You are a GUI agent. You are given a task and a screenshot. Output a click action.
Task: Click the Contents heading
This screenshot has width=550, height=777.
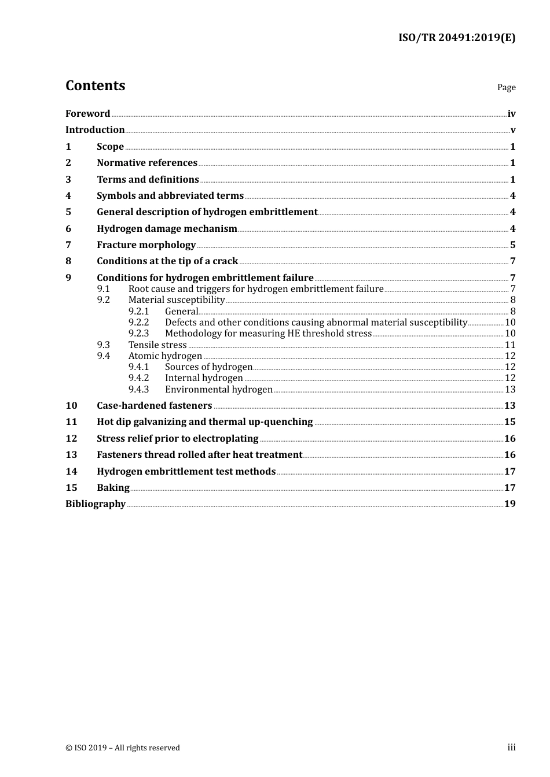(95, 86)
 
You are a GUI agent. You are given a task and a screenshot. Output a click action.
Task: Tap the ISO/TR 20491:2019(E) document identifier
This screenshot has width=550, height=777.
(457, 38)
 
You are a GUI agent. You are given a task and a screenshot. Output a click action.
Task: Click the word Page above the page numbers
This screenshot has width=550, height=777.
(506, 87)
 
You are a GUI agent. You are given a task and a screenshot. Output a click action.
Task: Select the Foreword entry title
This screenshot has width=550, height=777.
(87, 114)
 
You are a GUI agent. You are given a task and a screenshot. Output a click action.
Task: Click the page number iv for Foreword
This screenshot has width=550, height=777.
(511, 114)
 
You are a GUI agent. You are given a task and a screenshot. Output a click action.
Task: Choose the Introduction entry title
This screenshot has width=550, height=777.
(95, 130)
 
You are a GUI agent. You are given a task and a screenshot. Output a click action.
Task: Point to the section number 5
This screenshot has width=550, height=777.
(68, 212)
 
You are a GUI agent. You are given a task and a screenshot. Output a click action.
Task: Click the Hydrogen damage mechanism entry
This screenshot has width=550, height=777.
(167, 228)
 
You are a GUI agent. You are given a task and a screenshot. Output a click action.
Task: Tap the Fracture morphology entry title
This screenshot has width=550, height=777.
(146, 245)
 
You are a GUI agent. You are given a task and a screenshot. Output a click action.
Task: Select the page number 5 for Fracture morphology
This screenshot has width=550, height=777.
(513, 245)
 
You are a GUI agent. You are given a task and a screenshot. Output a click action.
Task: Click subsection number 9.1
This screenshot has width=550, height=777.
(103, 288)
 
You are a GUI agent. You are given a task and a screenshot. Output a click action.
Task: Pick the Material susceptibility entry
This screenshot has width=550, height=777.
(176, 300)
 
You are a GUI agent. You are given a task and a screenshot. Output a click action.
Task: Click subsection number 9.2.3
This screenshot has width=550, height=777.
(138, 334)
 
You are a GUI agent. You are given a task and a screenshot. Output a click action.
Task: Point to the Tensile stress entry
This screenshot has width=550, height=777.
(157, 345)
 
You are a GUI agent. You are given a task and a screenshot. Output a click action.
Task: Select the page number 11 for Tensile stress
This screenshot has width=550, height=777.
(510, 345)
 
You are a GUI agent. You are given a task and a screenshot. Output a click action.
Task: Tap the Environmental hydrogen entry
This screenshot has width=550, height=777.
(218, 390)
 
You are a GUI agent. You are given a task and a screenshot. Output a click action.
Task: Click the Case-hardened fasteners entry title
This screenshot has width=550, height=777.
(154, 406)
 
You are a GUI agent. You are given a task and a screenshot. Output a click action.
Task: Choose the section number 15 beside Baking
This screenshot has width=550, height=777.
(71, 488)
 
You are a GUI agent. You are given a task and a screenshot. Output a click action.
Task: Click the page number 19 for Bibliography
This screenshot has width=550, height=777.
(510, 504)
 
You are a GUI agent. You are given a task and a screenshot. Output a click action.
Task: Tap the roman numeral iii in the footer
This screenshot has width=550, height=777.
(511, 748)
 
